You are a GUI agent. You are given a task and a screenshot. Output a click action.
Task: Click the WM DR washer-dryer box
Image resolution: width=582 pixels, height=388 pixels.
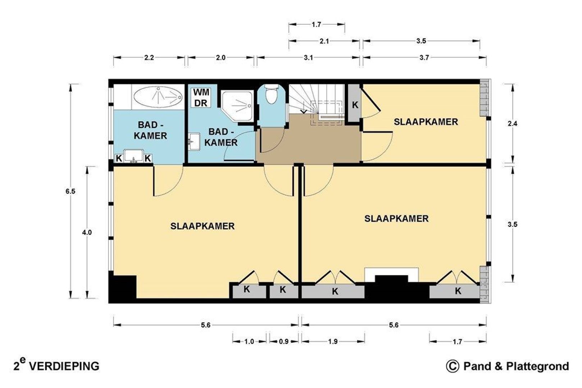point(201,98)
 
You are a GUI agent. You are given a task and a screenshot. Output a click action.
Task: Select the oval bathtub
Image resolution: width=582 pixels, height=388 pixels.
point(158,97)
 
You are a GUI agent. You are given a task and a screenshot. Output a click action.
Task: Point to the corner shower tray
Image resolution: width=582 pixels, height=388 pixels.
point(237,106)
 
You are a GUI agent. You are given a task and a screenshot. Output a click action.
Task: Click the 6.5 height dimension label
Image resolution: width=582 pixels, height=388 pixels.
point(70,191)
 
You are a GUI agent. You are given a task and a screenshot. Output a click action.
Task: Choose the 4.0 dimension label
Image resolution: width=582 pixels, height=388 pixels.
point(87,232)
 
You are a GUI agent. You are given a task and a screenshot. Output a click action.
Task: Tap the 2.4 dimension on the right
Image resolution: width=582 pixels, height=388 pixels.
point(512,124)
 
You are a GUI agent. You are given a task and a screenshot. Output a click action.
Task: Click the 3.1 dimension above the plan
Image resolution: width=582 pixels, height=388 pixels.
point(308,57)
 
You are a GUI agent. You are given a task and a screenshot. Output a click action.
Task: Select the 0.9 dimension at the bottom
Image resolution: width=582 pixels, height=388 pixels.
point(284,342)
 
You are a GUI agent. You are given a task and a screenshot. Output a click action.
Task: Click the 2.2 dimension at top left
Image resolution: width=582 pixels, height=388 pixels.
point(149,57)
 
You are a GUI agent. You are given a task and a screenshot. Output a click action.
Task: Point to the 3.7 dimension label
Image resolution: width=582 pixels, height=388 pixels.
point(424,57)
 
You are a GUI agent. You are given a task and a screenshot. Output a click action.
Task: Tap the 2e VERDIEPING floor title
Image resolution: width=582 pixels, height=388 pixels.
point(56,365)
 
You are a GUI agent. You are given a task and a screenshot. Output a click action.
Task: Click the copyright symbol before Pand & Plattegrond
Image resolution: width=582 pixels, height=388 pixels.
point(452,366)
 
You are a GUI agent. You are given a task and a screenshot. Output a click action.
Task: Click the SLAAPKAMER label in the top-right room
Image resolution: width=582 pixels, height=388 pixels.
point(426,122)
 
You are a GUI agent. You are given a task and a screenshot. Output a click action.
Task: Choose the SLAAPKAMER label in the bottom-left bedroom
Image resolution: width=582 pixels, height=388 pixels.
point(202,226)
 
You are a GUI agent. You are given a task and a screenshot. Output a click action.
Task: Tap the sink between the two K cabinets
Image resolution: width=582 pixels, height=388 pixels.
point(134,156)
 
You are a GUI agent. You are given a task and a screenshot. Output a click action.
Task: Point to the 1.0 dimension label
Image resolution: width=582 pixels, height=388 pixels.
point(249,342)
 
